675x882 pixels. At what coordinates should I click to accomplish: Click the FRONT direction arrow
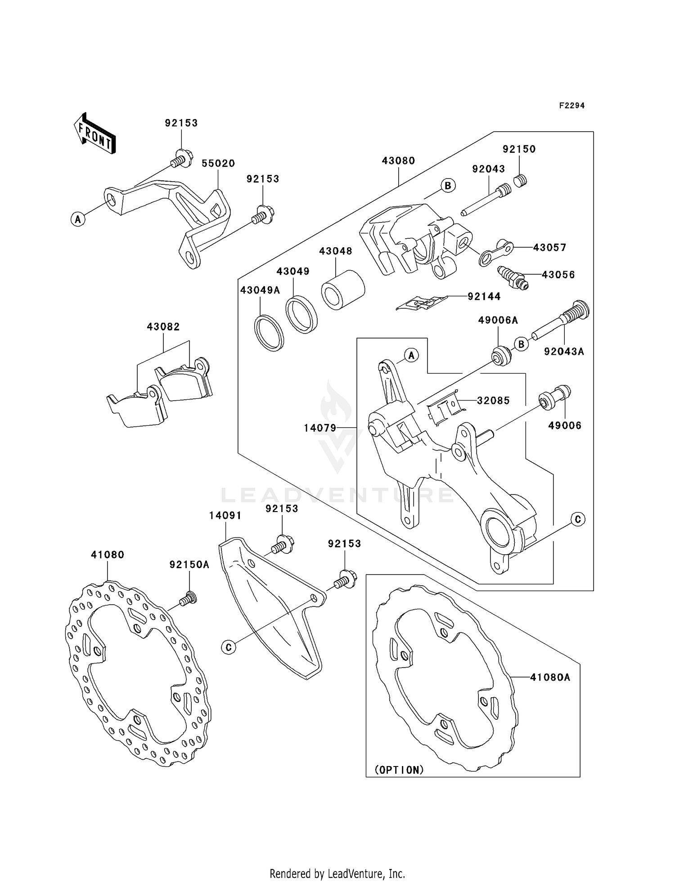pos(95,134)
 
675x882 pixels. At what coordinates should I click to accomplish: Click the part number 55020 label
pos(218,164)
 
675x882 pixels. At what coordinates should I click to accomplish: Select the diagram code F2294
pos(571,106)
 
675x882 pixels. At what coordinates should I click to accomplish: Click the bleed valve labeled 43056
pos(513,278)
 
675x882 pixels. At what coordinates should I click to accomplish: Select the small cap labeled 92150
pos(521,181)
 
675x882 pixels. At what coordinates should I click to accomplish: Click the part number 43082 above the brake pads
pos(163,327)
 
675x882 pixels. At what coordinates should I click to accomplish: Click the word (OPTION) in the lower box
pos(399,770)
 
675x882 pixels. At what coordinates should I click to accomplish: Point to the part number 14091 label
pos(225,516)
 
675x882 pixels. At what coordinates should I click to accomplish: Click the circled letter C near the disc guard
pos(229,647)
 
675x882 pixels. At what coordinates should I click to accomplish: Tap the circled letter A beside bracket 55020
pos(78,219)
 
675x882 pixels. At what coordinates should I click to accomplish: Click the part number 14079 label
pos(320,428)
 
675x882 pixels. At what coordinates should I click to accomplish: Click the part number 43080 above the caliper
pos(398,161)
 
